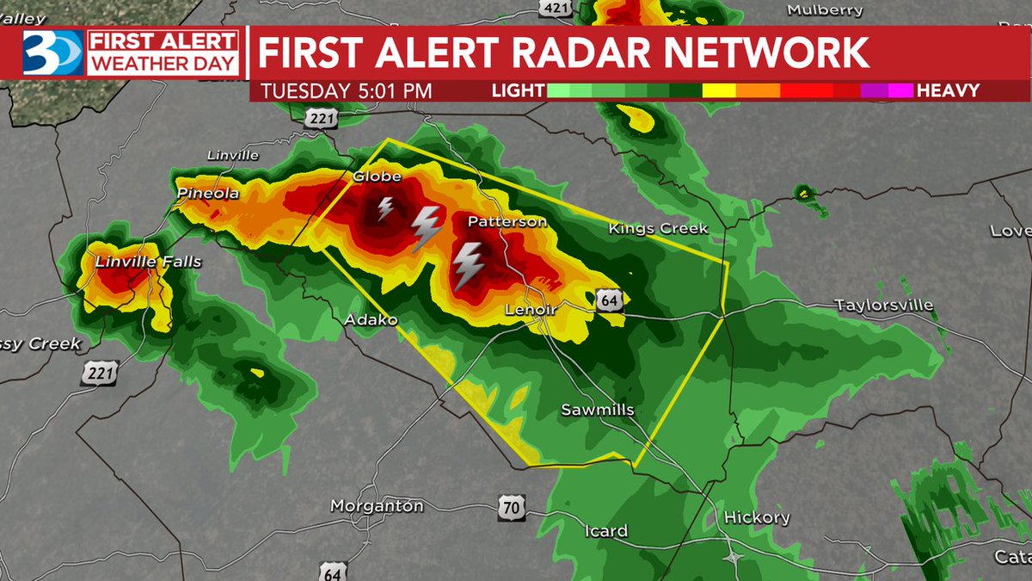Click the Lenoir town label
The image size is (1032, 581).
click(531, 310)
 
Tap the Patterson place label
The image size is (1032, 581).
click(507, 222)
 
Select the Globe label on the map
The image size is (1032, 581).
click(377, 176)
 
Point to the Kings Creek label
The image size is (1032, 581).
click(658, 228)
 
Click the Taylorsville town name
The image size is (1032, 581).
click(883, 306)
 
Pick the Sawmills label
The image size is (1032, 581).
click(597, 410)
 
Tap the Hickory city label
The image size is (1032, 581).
click(757, 517)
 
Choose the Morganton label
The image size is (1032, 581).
click(377, 506)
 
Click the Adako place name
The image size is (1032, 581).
click(371, 320)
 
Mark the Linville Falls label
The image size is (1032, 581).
click(148, 261)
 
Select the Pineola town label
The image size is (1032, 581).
click(207, 194)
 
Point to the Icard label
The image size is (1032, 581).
click(606, 531)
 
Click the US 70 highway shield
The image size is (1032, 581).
click(511, 508)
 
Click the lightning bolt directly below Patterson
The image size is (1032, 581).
click(468, 264)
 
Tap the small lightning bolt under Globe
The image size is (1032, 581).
click(385, 208)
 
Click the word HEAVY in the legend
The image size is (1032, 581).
click(948, 90)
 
